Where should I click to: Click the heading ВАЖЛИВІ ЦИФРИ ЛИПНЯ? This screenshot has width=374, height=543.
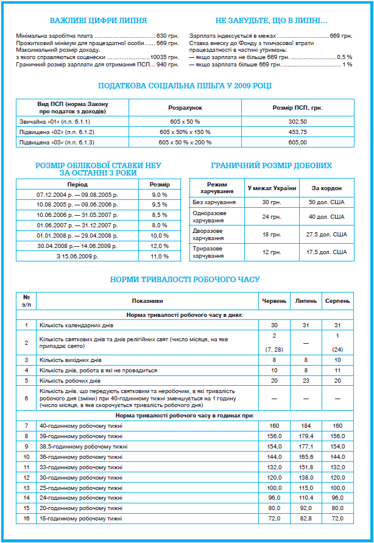[97, 21]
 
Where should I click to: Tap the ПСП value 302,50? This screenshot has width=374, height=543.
[298, 122]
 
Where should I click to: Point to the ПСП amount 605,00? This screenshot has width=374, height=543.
[298, 141]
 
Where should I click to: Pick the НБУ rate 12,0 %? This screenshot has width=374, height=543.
[160, 246]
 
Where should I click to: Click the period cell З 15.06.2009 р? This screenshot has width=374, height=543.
[77, 257]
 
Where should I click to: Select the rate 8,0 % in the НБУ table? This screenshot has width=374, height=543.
[160, 225]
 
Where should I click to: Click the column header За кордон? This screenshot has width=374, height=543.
[326, 187]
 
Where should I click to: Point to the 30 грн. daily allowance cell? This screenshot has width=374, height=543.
[271, 202]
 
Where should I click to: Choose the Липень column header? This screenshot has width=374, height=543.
[306, 300]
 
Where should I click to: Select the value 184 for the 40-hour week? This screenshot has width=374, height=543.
[306, 425]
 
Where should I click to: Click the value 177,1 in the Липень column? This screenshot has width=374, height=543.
[306, 446]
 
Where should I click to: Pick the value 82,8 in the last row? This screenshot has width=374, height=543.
[306, 518]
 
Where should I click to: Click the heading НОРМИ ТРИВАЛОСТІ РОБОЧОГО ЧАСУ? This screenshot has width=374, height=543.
[185, 280]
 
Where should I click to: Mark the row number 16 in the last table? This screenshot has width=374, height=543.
[26, 518]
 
